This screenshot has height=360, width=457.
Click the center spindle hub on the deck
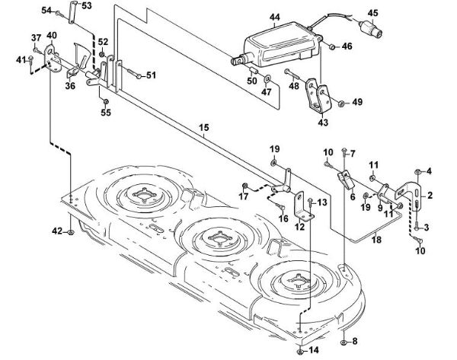pyautogui.click(x=220, y=236)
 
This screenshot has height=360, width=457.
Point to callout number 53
pyautogui.click(x=86, y=6)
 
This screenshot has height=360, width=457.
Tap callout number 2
pyautogui.click(x=430, y=196)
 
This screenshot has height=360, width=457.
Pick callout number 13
pyautogui.click(x=322, y=202)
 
